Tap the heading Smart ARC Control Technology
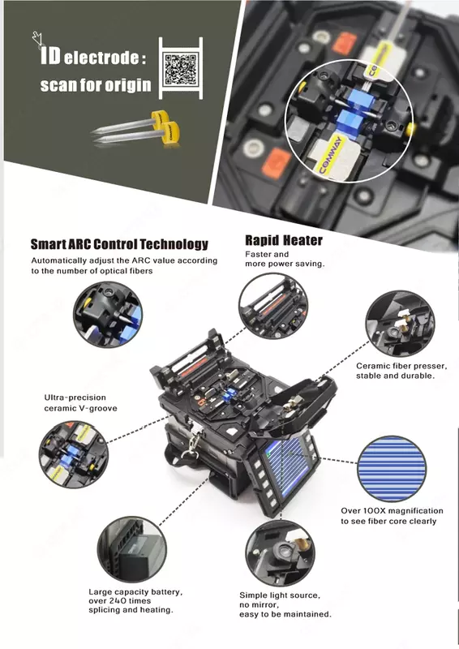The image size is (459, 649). coord(119,244)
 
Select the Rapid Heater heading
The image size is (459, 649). coord(283,240)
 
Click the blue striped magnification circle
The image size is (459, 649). coord(392,470)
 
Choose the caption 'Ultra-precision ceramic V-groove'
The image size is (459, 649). coord(80,403)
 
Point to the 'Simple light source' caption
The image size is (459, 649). coord(285,605)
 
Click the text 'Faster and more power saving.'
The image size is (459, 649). coord(285,259)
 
